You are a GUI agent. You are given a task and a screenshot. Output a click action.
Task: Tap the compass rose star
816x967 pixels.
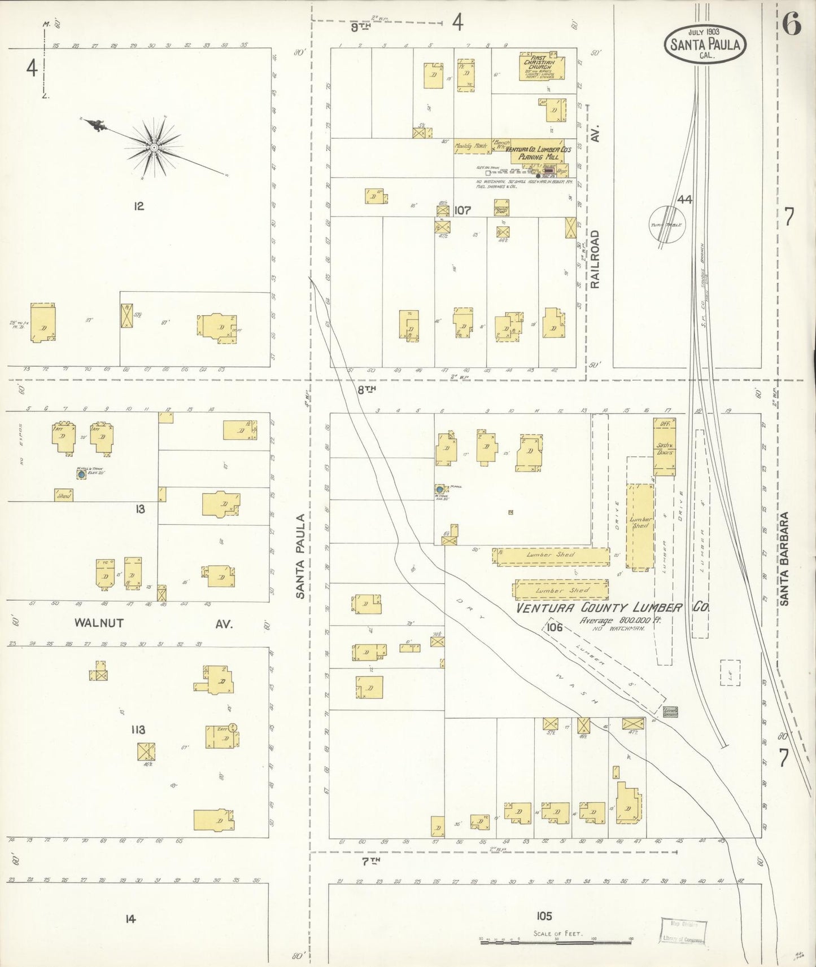(x=153, y=148)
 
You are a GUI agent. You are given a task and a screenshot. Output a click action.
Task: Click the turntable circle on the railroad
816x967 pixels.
(x=668, y=224)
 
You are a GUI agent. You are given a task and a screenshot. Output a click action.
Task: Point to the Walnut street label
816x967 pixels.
(x=99, y=623)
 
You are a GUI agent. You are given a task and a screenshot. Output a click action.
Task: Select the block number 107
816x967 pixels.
(x=462, y=210)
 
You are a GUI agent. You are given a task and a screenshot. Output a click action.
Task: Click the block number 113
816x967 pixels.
(x=137, y=729)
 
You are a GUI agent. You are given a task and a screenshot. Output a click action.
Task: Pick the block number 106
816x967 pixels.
(x=555, y=627)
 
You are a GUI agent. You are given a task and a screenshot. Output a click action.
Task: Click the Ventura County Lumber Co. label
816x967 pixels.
(x=613, y=608)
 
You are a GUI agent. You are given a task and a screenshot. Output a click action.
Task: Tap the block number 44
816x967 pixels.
(x=686, y=199)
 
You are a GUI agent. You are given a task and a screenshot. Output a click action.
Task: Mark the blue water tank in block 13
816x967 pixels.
(x=81, y=474)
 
